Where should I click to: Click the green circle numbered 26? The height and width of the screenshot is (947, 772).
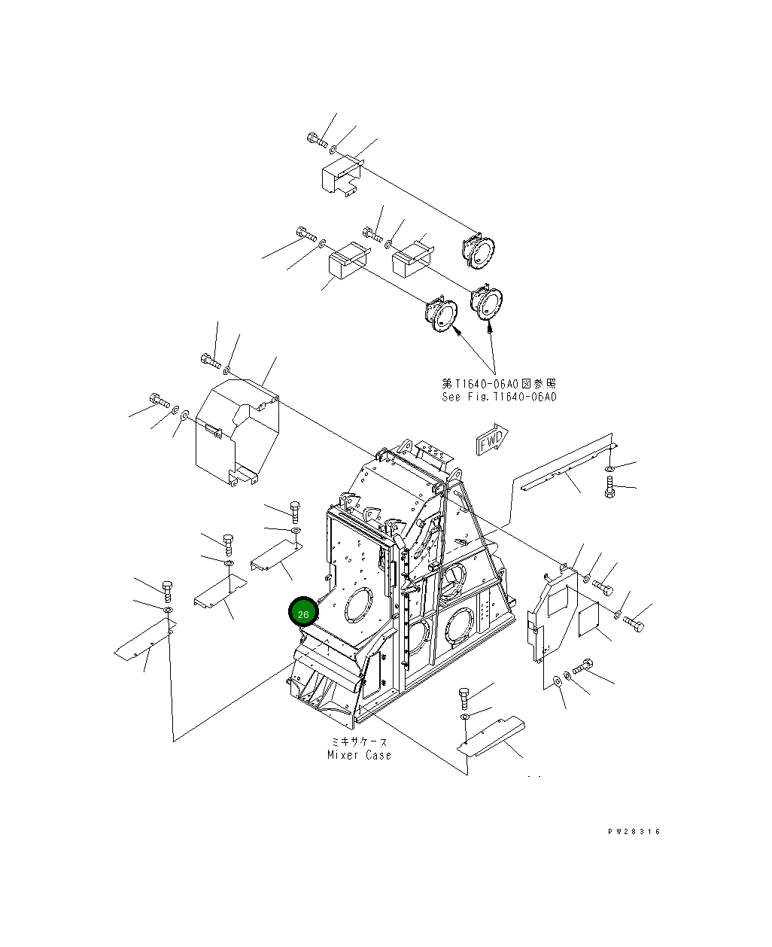click(303, 614)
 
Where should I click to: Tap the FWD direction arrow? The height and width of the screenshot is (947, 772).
click(492, 441)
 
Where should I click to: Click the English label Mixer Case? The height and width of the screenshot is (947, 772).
click(359, 755)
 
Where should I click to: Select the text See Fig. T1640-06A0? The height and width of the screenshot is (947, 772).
click(499, 397)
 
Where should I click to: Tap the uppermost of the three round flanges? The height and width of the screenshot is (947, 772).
click(479, 247)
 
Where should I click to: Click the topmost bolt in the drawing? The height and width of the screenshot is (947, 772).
click(316, 139)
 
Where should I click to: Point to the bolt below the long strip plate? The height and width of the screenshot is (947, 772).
click(609, 486)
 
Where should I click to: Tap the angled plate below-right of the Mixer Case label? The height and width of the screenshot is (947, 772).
click(492, 735)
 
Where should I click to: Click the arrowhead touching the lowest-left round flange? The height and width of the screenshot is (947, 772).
click(456, 329)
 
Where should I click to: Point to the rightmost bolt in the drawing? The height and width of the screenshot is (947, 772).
click(634, 626)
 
